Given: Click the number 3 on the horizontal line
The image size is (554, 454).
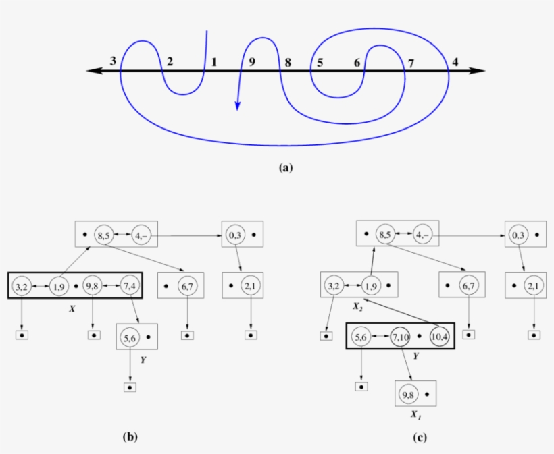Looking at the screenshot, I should point(114,61).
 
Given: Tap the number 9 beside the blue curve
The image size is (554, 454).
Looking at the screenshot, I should point(251,62).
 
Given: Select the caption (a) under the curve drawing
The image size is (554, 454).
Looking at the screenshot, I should point(286,169).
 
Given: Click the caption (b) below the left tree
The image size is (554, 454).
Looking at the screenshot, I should point(130,437).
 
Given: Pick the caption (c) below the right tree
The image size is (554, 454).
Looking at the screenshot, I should point(420,437).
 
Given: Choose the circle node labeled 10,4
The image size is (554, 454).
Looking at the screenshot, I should point(440,336).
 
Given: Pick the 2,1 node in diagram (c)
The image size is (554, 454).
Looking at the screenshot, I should point(534,286).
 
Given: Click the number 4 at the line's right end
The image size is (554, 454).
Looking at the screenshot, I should point(455,62).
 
